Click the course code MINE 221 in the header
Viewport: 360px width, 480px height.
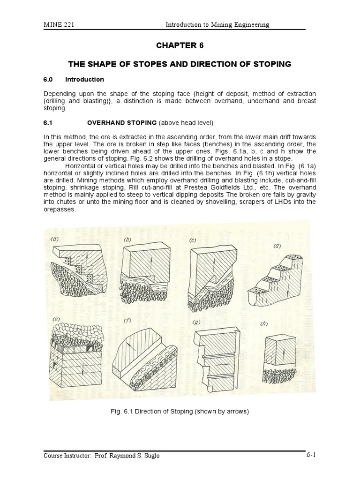coord(57,24)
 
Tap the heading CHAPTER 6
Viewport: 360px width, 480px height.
coord(180,45)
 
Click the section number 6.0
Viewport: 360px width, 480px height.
coord(49,79)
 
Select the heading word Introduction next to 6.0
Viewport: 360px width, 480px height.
coord(84,79)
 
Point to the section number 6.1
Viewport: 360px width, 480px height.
coord(49,123)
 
